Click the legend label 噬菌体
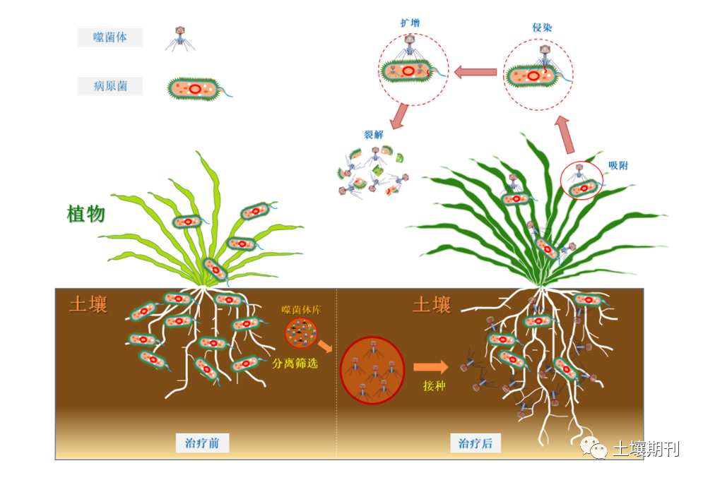point(110,37)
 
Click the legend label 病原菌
point(110,86)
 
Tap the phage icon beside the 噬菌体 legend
point(179,38)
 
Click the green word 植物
point(86,214)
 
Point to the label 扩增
point(410,23)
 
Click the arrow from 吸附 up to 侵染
point(565,134)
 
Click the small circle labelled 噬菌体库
point(301,332)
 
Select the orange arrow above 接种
point(430,367)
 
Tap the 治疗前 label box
point(202,443)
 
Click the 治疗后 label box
point(475,443)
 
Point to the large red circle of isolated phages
point(372,370)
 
